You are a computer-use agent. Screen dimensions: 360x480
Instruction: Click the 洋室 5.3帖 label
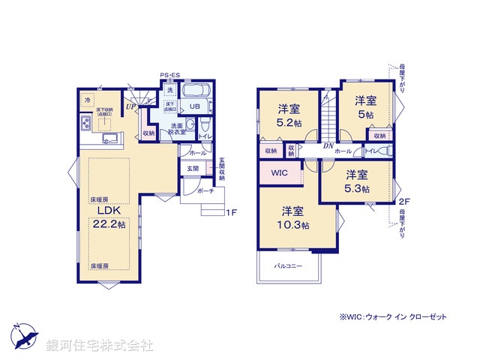[358, 181]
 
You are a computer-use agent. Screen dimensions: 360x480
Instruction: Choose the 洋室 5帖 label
[365, 106]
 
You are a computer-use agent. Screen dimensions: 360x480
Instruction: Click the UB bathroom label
[193, 106]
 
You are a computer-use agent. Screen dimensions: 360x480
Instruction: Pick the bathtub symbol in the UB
[198, 90]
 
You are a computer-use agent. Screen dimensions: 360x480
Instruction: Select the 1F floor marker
[232, 213]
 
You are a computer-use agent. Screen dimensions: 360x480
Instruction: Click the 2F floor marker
[404, 201]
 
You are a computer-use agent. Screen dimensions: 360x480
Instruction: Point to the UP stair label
[131, 107]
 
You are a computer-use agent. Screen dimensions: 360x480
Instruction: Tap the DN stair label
[328, 146]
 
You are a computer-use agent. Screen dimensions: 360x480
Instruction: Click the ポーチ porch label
[205, 191]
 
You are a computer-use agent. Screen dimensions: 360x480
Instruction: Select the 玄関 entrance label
[193, 169]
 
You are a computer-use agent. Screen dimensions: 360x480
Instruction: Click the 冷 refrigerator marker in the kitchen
[87, 100]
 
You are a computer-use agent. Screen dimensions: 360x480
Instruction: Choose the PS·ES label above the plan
[169, 75]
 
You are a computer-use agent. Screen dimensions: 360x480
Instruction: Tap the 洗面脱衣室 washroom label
[178, 128]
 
